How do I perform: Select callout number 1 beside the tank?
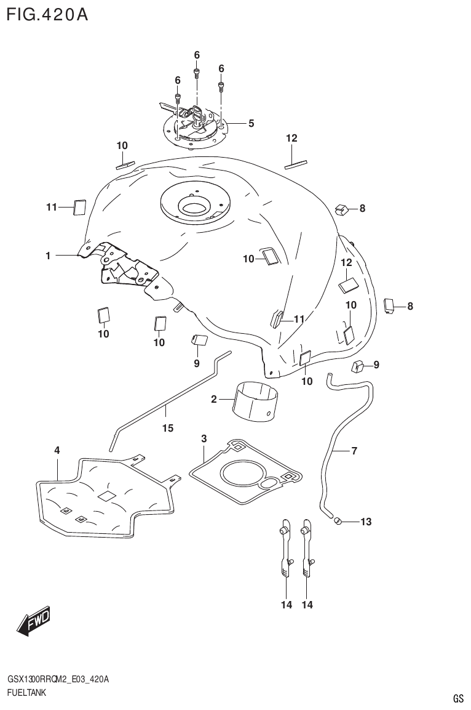(x=47, y=255)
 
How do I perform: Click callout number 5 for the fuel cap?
(x=251, y=123)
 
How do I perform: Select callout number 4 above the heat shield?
(x=57, y=451)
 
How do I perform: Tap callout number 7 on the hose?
(x=354, y=451)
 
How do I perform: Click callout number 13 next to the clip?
(x=366, y=522)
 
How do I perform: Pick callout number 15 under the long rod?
(x=167, y=429)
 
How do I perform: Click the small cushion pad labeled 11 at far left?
(x=79, y=208)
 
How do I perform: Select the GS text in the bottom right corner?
(x=457, y=698)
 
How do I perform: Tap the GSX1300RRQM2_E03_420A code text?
(x=58, y=679)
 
